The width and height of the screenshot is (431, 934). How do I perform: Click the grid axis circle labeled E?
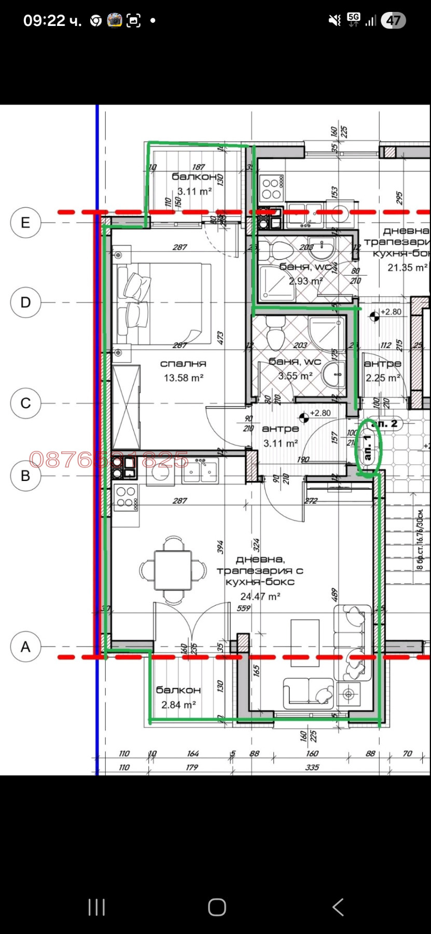25,223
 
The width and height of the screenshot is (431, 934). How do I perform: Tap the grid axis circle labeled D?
25,303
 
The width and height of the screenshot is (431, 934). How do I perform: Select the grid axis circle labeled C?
25,403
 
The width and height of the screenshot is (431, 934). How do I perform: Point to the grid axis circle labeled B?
25,476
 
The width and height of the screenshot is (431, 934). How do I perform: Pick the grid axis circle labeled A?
25,647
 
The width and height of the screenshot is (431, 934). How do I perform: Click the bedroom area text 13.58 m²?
183,378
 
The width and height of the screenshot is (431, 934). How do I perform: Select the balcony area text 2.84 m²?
178,705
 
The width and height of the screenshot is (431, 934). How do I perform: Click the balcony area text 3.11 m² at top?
194,191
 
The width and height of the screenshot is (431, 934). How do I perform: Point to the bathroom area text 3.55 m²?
295,376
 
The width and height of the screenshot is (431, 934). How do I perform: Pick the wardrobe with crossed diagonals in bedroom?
126,407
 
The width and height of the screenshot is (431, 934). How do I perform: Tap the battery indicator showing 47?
393,21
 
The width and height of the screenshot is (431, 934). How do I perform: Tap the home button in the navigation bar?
217,907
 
